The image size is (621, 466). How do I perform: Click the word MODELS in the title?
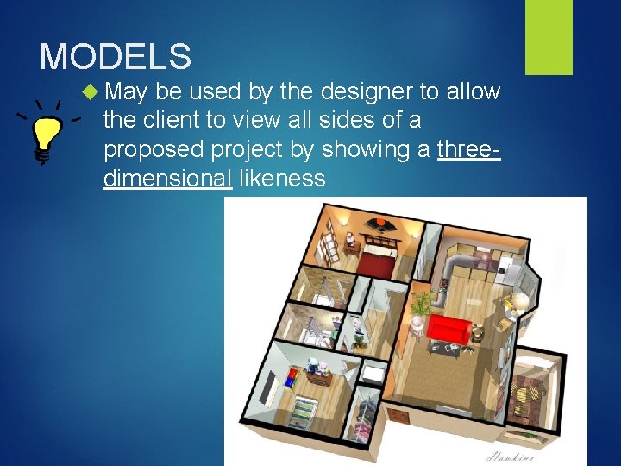coord(116,57)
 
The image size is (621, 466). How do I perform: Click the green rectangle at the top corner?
coord(549,36)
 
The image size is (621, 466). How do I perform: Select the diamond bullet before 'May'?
coord(91,90)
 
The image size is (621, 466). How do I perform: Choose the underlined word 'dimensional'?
coord(167,179)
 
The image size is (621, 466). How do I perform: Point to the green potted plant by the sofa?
coord(422,304)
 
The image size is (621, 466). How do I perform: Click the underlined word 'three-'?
coord(469,150)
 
